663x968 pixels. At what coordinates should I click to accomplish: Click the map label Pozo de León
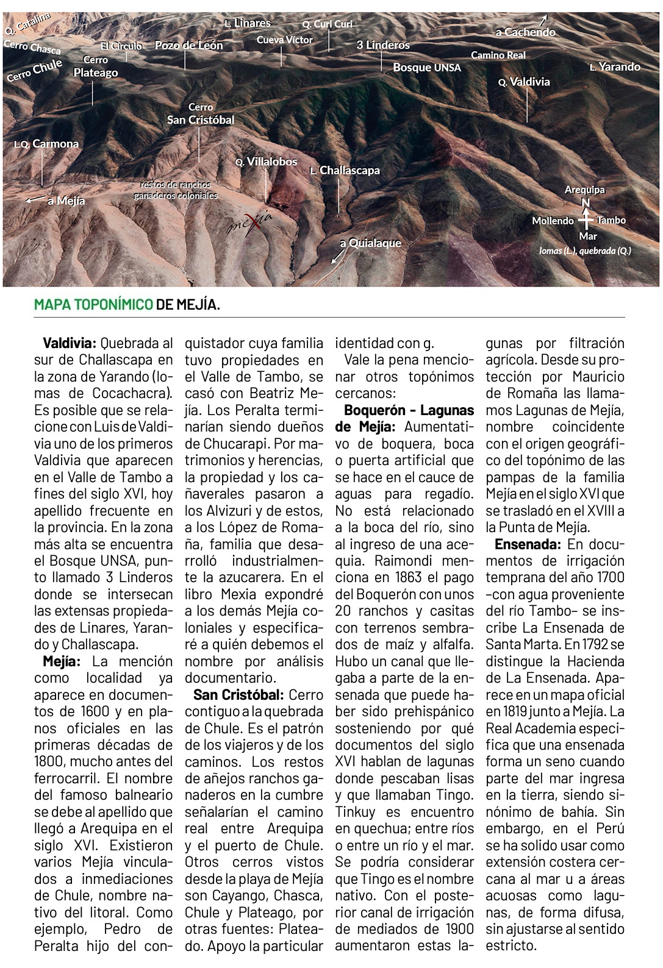pos(188,46)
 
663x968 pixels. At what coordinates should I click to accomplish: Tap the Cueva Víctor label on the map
pos(284,40)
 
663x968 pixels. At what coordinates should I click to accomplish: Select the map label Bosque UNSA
pos(426,67)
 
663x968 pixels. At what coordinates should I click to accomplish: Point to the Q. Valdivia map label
pos(524,82)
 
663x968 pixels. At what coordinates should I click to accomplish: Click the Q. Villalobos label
pos(267,162)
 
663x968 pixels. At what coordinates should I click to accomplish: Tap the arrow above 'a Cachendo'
pos(544,20)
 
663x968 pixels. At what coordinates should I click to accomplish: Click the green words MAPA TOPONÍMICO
pos(93,304)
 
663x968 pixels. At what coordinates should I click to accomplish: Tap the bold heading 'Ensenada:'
pos(528,544)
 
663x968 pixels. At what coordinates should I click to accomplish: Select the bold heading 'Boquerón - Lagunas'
pos(409,410)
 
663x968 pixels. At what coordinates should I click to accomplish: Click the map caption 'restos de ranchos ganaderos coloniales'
pos(176,190)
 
